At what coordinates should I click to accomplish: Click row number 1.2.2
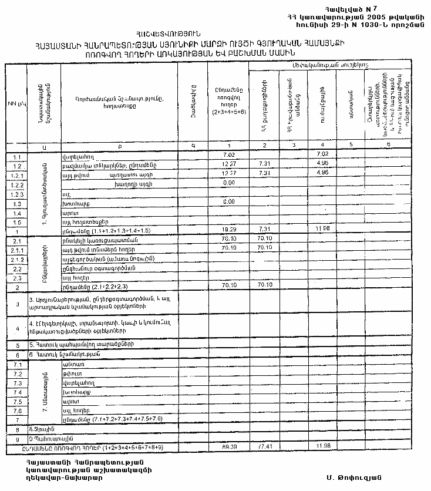16,184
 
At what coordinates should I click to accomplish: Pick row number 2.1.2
16,259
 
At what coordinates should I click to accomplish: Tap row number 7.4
16,392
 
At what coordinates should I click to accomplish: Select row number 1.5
16,222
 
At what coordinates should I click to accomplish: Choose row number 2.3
16,278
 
